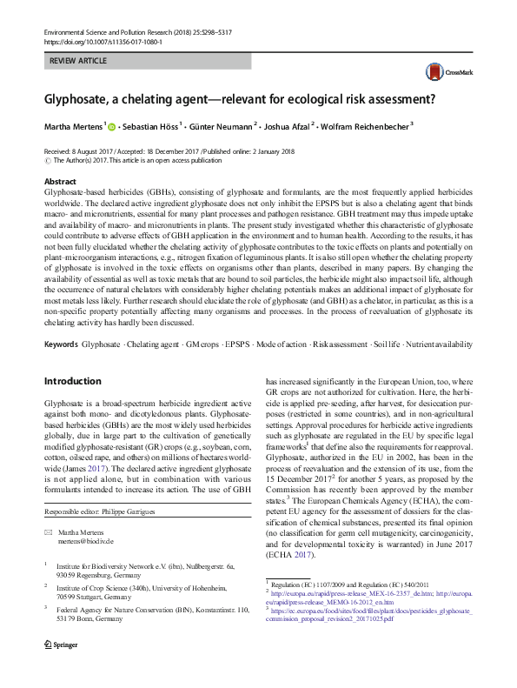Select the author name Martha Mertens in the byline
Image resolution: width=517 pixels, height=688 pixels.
[x=73, y=127]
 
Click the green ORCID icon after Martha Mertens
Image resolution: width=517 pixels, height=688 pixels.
[x=111, y=127]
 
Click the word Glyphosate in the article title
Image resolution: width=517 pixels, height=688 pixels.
[x=81, y=98]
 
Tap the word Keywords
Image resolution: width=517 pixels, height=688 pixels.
[x=61, y=345]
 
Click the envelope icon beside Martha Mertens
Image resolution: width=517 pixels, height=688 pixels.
[x=49, y=531]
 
